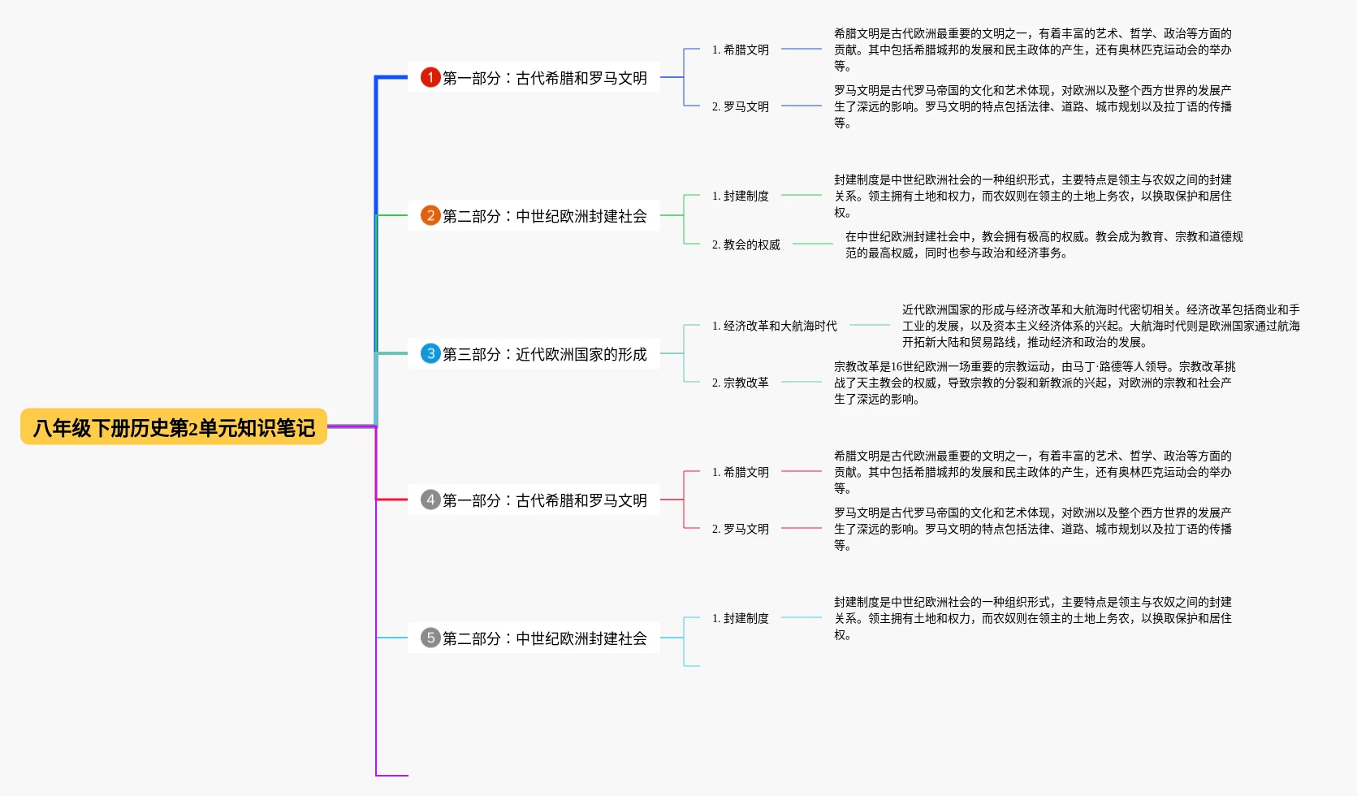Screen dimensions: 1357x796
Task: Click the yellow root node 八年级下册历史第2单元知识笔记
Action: tap(174, 427)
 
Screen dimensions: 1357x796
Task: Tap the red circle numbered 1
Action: tap(430, 77)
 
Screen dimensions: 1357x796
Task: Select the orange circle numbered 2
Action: tap(430, 215)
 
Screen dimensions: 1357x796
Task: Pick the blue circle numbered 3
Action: tap(430, 353)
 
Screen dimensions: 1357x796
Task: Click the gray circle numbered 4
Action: tap(430, 500)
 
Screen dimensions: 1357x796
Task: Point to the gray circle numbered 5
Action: tap(430, 638)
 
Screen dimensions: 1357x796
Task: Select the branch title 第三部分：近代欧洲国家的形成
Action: tap(545, 354)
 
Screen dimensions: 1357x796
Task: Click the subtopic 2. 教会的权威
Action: tap(745, 244)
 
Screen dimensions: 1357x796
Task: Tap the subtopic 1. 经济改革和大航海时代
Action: tap(774, 326)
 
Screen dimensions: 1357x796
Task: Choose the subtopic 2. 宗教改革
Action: tap(741, 383)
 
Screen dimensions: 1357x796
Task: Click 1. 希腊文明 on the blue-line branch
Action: tap(741, 50)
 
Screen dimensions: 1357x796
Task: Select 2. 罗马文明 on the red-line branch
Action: tap(741, 529)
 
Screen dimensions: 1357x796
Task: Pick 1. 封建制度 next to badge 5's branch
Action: tap(741, 618)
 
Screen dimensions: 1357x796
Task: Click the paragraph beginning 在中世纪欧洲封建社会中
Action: tap(1044, 244)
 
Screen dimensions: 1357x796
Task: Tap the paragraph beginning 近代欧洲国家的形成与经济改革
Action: tap(1101, 326)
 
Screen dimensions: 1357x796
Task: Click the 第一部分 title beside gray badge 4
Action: tap(545, 500)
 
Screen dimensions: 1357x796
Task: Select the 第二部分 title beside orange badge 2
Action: tap(545, 216)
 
